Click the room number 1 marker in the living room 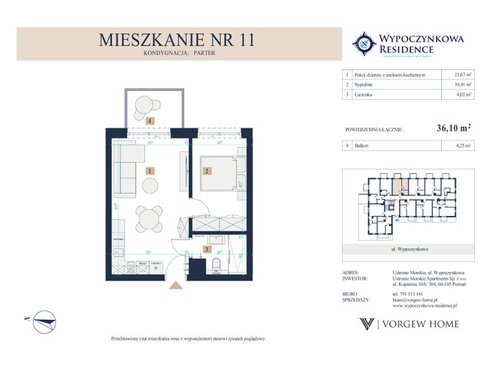pyautogui.click(x=151, y=171)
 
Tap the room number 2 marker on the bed pyautogui.click(x=206, y=171)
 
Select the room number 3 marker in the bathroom pyautogui.click(x=206, y=250)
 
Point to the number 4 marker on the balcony pyautogui.click(x=151, y=121)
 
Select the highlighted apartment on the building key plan pyautogui.click(x=397, y=184)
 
